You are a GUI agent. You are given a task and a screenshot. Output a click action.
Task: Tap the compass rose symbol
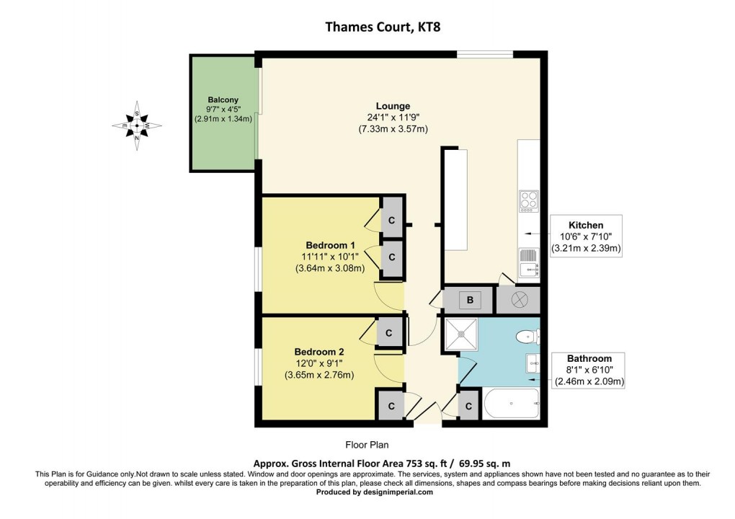coord(137,125)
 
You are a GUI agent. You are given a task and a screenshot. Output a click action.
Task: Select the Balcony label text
coord(223,99)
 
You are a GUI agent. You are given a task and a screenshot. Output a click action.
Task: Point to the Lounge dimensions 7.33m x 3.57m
coord(393,129)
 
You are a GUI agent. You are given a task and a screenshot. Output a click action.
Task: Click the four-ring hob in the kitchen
coord(528,200)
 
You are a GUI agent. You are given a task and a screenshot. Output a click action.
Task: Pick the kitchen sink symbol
coord(530,262)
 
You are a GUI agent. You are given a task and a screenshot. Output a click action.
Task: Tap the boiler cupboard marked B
coord(468,300)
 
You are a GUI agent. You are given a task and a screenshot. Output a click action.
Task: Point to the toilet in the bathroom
coord(528,336)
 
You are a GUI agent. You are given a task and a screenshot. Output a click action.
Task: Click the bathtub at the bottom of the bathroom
coord(511,403)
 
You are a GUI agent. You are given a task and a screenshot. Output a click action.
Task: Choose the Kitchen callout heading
coord(585,225)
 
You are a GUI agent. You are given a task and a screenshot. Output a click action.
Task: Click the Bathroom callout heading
coord(589,358)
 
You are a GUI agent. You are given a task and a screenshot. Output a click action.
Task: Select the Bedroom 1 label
coord(330,244)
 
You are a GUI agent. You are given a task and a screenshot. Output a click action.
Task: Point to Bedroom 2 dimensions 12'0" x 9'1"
coord(318,364)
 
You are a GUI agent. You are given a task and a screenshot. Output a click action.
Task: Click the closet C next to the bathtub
coord(468,407)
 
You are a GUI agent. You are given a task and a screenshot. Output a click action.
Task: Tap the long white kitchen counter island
coord(455,198)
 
